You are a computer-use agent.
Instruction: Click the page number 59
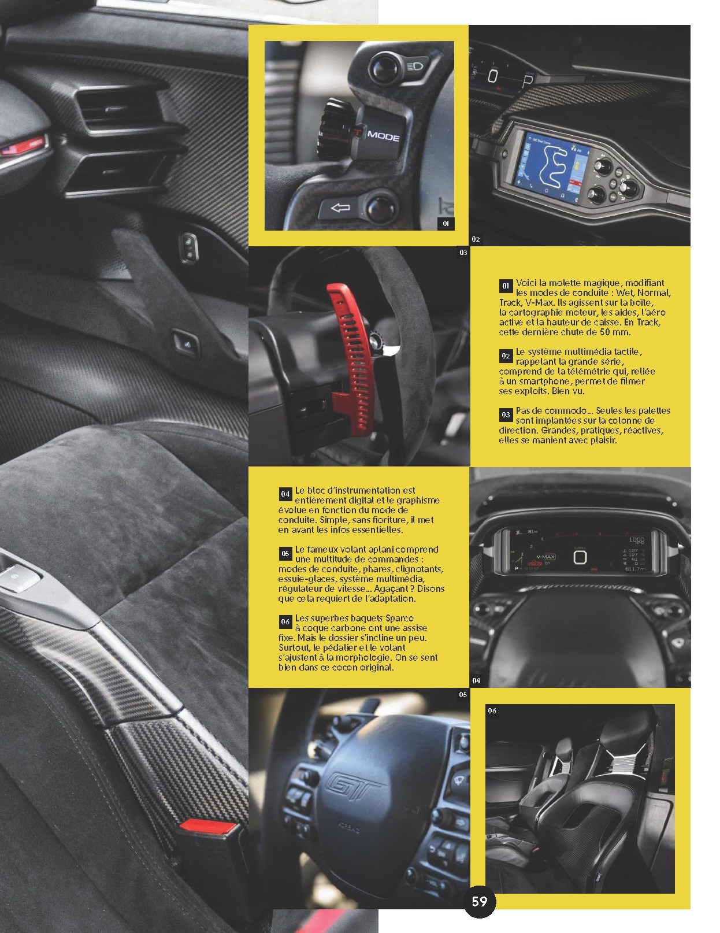pos(479,901)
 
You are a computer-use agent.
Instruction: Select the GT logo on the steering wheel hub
pos(353,786)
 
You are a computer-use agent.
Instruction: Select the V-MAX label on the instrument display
pos(545,557)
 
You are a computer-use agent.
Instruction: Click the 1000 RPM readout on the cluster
pos(636,540)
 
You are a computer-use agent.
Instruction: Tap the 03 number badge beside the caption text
pos(506,414)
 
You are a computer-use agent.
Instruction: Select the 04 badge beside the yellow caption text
pos(285,494)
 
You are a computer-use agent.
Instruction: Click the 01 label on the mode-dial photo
pos(446,223)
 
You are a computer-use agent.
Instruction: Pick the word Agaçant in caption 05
pos(392,588)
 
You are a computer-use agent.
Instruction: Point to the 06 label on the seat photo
pos(492,710)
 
